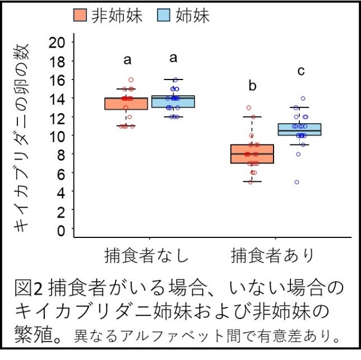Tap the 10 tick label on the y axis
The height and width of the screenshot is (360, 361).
pos(57,135)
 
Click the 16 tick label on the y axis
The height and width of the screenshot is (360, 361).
pos(57,80)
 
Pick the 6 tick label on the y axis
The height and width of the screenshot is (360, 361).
pos(61,173)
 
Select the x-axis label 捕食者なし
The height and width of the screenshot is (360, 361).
pos(147,255)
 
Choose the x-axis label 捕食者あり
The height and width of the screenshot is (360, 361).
pos(274,255)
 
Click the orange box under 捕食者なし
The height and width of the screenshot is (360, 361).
pos(126,104)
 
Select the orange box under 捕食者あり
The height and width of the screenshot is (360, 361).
pos(252,154)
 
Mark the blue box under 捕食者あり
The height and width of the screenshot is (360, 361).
pos(299,129)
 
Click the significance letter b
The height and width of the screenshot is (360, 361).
pos(252,86)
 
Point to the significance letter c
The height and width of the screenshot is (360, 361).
pos(301,71)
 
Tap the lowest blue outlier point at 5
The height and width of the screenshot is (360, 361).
pos(297,182)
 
